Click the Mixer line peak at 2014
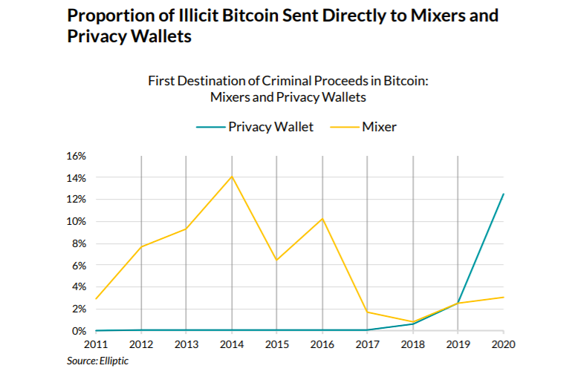(x=232, y=177)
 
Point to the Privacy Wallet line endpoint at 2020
(x=503, y=194)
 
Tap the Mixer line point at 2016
(x=322, y=218)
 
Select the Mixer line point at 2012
(x=141, y=246)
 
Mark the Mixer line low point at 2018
(x=413, y=322)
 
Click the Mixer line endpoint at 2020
(x=503, y=297)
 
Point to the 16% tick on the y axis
(x=77, y=156)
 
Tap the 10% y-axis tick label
(x=77, y=221)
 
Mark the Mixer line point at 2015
(x=277, y=260)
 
